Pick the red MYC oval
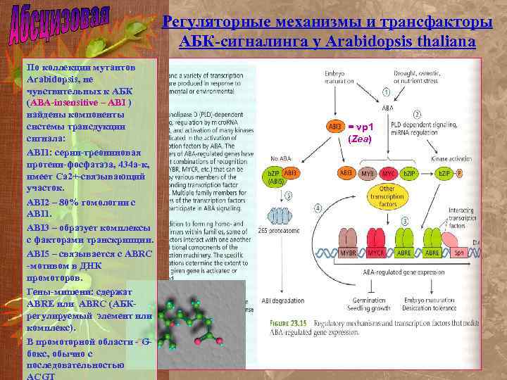tap(388, 172)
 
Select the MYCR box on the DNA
tap(377, 253)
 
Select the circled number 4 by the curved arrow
tap(318, 208)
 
